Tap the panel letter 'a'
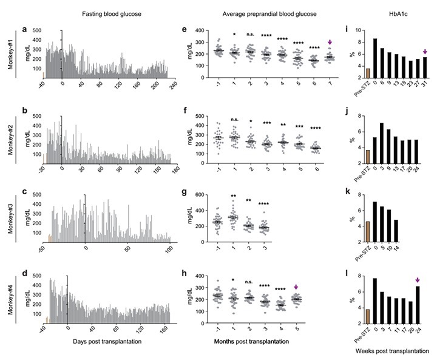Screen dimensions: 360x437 24,29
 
